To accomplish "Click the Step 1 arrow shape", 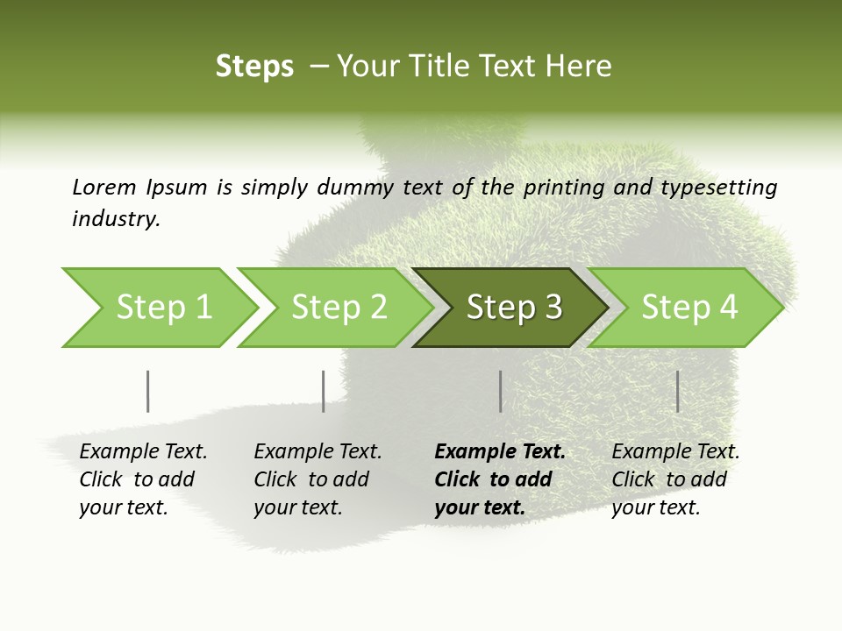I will point(163,308).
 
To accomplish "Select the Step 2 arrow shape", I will point(339,308).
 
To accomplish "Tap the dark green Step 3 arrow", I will point(514,308).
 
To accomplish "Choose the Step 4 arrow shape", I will point(689,308).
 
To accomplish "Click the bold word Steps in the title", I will point(254,67).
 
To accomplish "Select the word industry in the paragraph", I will point(116,218).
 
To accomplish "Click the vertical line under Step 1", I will point(147,391).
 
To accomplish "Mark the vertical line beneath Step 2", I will point(323,391).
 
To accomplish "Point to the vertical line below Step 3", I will point(500,391).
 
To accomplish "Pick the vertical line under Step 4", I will point(677,391).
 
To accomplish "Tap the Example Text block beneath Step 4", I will point(675,479).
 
